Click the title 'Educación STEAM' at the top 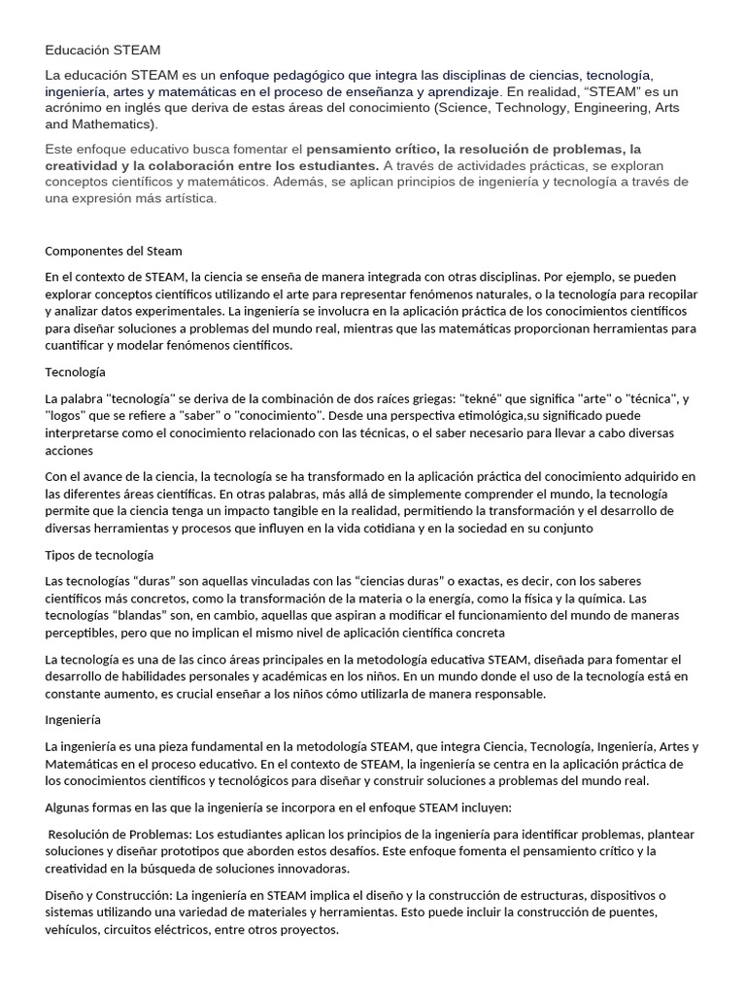(x=103, y=49)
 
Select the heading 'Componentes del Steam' (x=114, y=251)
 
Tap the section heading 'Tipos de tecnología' (x=99, y=555)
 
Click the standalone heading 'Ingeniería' (x=73, y=721)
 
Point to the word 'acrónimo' (x=75, y=108)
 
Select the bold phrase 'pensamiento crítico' (x=370, y=150)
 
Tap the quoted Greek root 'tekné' (x=484, y=399)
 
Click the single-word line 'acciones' (x=69, y=450)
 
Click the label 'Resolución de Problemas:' (x=119, y=835)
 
